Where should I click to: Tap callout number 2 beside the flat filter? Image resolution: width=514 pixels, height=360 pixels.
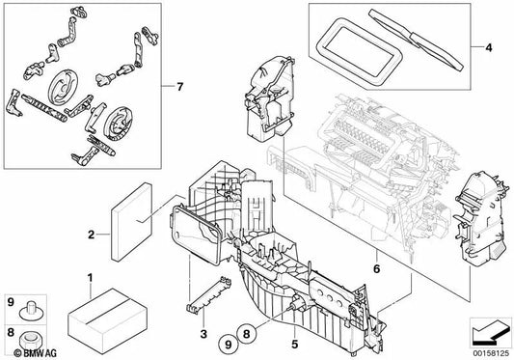90,233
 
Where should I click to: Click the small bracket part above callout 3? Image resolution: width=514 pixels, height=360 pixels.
206,287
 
